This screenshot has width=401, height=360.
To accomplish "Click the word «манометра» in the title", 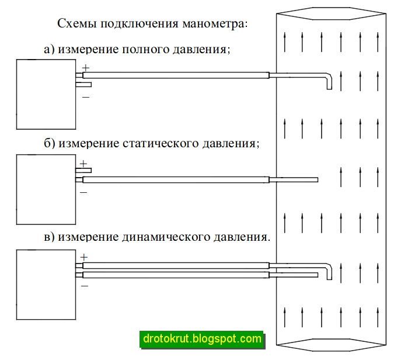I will click(x=215, y=24).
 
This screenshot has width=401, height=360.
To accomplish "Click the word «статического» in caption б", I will click(x=161, y=143).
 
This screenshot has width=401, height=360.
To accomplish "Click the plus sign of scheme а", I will click(x=86, y=68).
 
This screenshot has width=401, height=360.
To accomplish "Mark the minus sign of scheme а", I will click(x=86, y=96).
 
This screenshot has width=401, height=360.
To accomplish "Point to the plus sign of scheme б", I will click(x=83, y=163).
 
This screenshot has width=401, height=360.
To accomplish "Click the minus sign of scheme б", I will click(x=83, y=192).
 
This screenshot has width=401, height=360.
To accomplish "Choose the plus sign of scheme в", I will click(x=83, y=257).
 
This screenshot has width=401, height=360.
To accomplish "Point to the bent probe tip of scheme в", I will click(x=329, y=269).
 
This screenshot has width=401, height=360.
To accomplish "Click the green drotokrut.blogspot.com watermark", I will click(x=201, y=338).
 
